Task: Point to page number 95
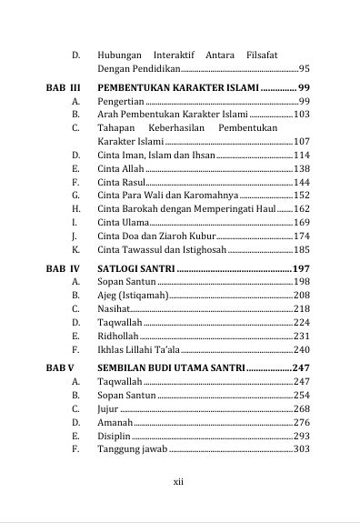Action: tap(304, 68)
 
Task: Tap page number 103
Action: tap(302, 115)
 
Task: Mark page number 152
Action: tap(302, 196)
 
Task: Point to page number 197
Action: tap(302, 268)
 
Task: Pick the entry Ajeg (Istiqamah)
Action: tap(132, 296)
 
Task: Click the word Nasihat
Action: tap(114, 309)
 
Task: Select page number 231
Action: tap(302, 336)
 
